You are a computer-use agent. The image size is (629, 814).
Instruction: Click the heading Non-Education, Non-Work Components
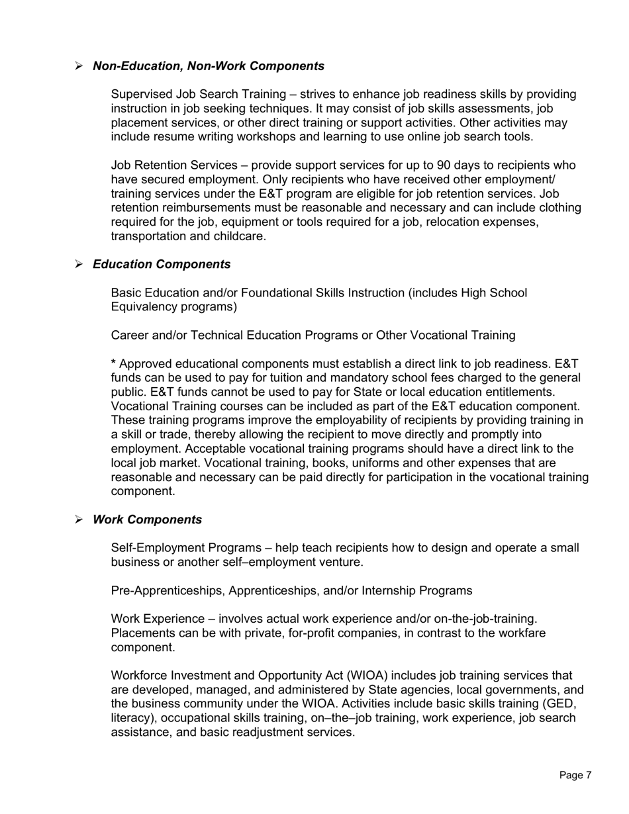(x=209, y=66)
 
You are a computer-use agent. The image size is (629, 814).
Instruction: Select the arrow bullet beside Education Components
(x=79, y=265)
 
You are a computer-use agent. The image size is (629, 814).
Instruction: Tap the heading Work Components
(x=147, y=520)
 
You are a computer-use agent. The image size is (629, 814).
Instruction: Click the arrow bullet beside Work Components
(x=79, y=520)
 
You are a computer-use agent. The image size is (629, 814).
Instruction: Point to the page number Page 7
(x=575, y=775)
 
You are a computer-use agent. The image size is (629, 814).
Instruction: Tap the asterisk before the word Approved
(x=113, y=364)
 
